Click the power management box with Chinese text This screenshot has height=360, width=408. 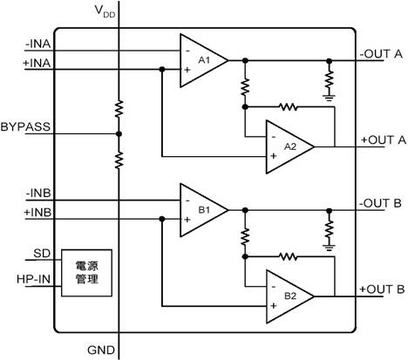tap(86, 273)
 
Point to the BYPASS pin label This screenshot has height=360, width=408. tap(25, 126)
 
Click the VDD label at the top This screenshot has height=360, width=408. tap(105, 11)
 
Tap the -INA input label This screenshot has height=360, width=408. tap(38, 44)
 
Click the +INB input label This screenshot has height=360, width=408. tap(37, 213)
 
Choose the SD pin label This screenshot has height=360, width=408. tap(42, 254)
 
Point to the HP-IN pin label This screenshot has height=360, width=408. tap(33, 279)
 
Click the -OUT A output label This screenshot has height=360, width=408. tap(381, 54)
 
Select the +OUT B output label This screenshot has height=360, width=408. tap(382, 289)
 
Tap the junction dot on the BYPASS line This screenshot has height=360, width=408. tap(119, 134)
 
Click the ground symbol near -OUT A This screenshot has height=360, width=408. tap(329, 98)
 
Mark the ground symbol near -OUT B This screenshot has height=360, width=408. tap(329, 248)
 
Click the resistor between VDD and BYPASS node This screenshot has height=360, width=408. tap(119, 109)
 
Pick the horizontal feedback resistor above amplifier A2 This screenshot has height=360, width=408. tap(288, 107)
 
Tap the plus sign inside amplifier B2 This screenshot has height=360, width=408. tap(273, 306)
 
